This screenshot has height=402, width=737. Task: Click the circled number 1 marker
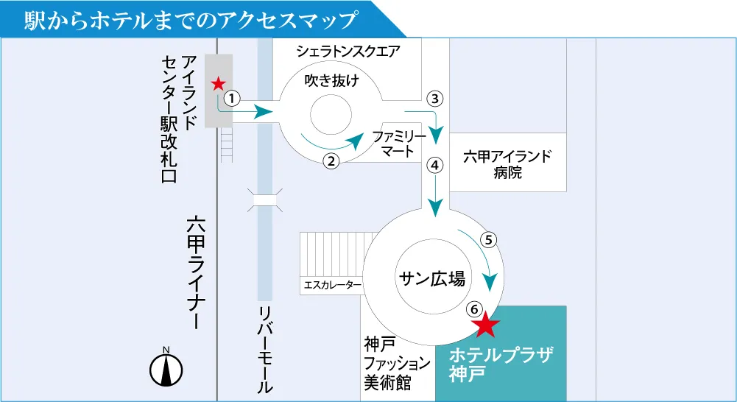point(232,98)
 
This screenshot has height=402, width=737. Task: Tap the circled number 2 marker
point(331,161)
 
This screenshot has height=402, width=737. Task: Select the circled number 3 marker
point(435,99)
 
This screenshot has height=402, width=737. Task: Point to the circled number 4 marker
point(435,166)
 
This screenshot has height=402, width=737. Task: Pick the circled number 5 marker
point(488,240)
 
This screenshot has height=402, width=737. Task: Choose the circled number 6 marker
point(474,309)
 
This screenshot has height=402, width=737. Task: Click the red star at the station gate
point(218,84)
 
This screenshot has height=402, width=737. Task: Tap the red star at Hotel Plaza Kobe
point(485,325)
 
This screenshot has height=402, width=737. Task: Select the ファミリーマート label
point(398,144)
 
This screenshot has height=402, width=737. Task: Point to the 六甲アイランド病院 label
point(507,164)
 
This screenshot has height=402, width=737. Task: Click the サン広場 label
point(432,278)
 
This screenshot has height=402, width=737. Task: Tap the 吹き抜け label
point(332,80)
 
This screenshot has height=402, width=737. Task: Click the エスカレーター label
point(333,285)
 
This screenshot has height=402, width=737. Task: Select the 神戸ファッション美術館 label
point(397,364)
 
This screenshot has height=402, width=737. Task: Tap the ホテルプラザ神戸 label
point(501,364)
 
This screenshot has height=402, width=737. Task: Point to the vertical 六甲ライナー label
point(196,272)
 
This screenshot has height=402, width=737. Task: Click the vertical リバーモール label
point(265,350)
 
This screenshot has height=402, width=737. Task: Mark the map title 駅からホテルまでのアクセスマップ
point(191,20)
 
